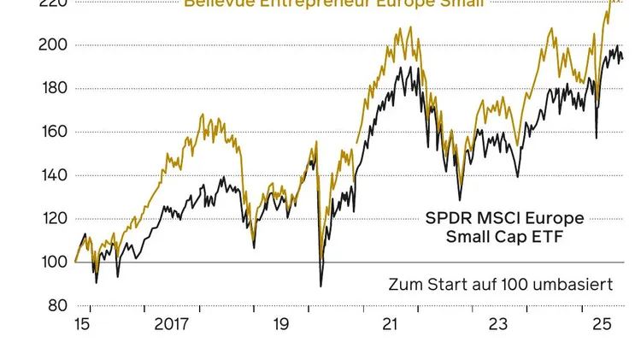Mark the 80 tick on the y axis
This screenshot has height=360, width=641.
pos(56,305)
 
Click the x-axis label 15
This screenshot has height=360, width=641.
pos(84,325)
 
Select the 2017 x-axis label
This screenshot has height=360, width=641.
pos(171,325)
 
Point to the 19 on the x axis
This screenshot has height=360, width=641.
pos(281,325)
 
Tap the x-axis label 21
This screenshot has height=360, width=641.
pos(390,325)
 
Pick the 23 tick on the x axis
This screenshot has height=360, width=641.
pos(498,325)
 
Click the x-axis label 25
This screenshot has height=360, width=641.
pos(603,325)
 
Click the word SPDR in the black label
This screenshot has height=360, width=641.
pos(446,217)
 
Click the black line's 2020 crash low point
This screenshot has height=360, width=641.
pos(321,286)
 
